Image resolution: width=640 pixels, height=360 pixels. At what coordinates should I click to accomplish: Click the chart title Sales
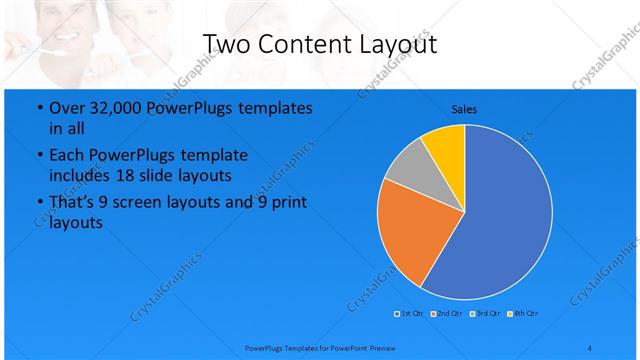point(464,108)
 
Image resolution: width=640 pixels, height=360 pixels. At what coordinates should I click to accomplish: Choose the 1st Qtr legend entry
point(410,314)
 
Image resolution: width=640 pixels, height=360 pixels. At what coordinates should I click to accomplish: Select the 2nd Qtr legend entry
point(447,314)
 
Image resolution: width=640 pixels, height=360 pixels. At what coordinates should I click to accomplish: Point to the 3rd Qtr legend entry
point(484,314)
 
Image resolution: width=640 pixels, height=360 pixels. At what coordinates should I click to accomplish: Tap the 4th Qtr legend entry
point(522,314)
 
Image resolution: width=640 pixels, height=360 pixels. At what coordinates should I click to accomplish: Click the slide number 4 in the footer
point(590,346)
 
